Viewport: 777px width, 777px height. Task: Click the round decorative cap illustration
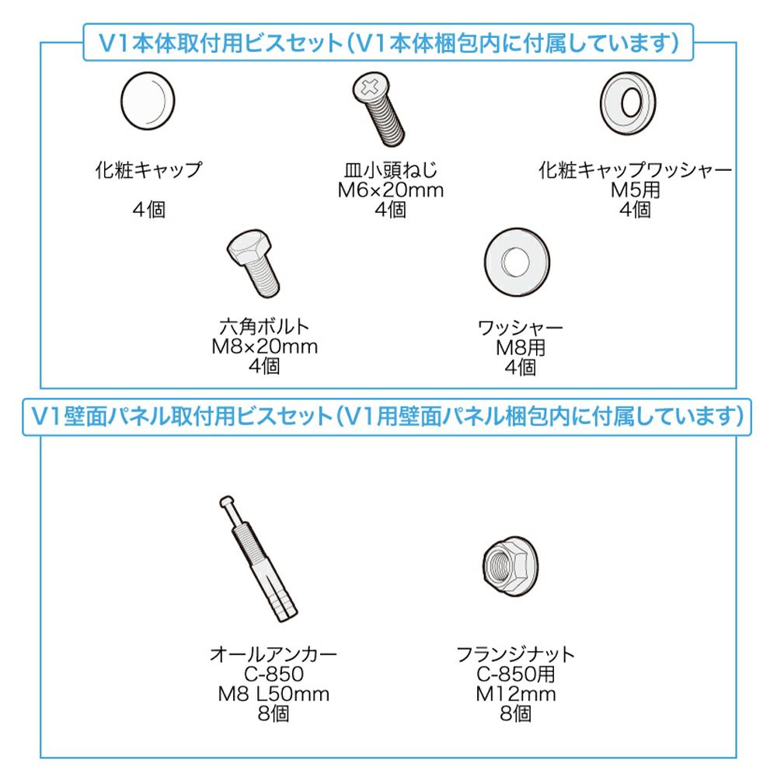pos(148,101)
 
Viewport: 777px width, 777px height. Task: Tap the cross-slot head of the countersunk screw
pos(370,87)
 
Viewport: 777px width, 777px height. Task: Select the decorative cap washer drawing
pos(627,103)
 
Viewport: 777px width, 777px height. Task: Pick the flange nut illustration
pos(510,566)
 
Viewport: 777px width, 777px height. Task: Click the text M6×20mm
pos(391,190)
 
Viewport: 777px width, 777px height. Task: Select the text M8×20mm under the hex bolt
pos(265,347)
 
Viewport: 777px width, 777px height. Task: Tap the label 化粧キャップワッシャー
pos(635,170)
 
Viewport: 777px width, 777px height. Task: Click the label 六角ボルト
pos(265,326)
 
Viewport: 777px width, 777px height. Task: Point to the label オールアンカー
pos(274,654)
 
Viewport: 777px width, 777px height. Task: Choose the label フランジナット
pos(515,654)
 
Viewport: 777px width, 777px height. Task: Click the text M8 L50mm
pos(274,694)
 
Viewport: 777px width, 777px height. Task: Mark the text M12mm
pos(515,694)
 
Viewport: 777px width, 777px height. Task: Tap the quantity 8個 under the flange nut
pos(515,713)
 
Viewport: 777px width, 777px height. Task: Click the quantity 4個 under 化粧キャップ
pos(148,210)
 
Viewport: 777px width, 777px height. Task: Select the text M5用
pos(635,190)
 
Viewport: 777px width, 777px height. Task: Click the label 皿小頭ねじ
pos(391,170)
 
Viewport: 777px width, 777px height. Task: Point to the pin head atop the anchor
pos(226,501)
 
